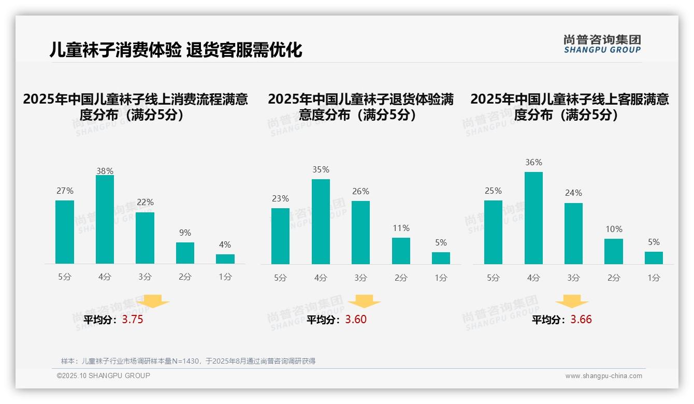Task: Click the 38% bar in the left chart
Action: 105,220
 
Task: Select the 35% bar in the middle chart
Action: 321,222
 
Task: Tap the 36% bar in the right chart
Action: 533,218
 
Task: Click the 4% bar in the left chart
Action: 225,259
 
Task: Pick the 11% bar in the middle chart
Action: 401,251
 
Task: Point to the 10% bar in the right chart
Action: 614,252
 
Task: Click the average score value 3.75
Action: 133,320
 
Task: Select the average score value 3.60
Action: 356,320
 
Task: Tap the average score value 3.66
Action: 581,320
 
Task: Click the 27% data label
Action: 65,191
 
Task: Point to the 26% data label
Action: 360,191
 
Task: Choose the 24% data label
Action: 573,193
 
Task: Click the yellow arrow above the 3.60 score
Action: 365,301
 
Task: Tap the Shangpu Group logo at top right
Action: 602,44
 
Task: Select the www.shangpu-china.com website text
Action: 603,376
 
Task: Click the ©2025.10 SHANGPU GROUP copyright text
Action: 104,376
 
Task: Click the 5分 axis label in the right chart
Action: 493,278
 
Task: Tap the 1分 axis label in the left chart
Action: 225,277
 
